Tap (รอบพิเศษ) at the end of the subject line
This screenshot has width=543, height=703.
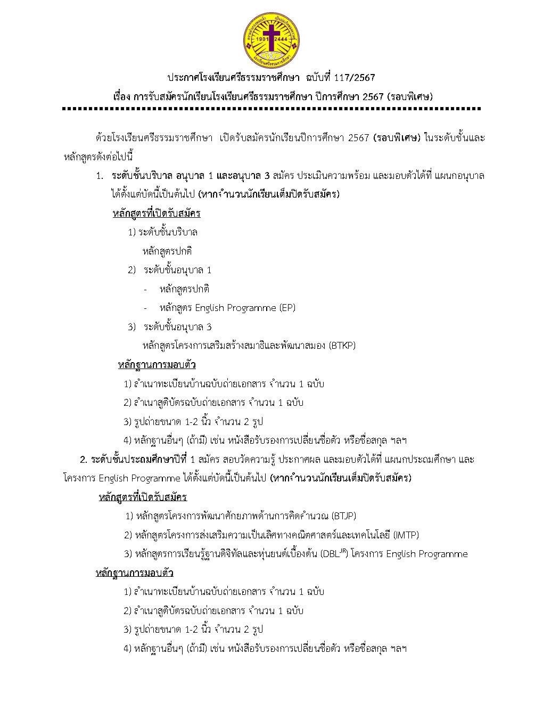(x=410, y=97)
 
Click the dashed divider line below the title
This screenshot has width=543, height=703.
(x=271, y=109)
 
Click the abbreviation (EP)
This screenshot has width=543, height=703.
(x=287, y=308)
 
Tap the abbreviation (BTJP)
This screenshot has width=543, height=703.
(x=343, y=516)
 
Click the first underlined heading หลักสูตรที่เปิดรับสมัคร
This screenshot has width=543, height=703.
(x=157, y=214)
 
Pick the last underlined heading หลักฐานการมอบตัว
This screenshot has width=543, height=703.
(x=134, y=573)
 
